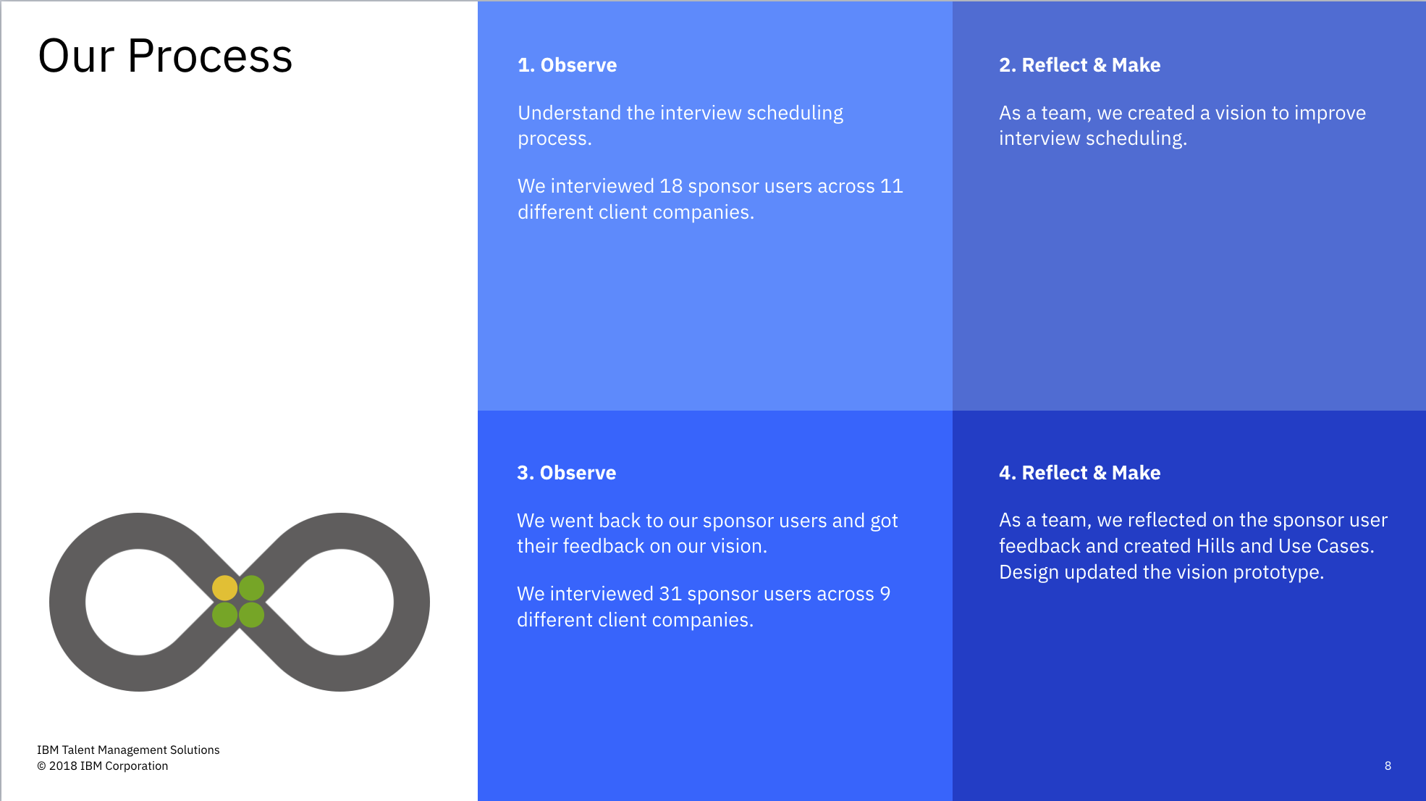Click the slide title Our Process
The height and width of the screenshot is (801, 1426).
coord(165,56)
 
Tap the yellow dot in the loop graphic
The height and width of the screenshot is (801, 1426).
coord(224,588)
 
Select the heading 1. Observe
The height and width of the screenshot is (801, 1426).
coord(568,65)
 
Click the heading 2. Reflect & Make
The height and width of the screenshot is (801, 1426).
coord(1079,65)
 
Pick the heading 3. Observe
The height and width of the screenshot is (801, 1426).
coord(567,473)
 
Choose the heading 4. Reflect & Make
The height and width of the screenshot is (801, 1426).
coord(1079,473)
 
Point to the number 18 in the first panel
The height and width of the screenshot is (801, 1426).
coord(671,186)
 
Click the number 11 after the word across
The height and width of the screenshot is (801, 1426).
coord(892,186)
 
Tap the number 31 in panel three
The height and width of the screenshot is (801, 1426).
coord(670,594)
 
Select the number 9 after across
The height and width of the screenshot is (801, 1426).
coord(885,594)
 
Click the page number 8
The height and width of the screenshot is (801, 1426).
coord(1388,766)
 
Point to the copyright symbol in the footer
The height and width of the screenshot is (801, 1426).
coord(41,766)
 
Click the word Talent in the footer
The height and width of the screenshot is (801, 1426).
coord(78,750)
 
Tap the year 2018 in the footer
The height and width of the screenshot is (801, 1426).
coord(63,766)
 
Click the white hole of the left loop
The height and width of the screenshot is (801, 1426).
coord(138,602)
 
